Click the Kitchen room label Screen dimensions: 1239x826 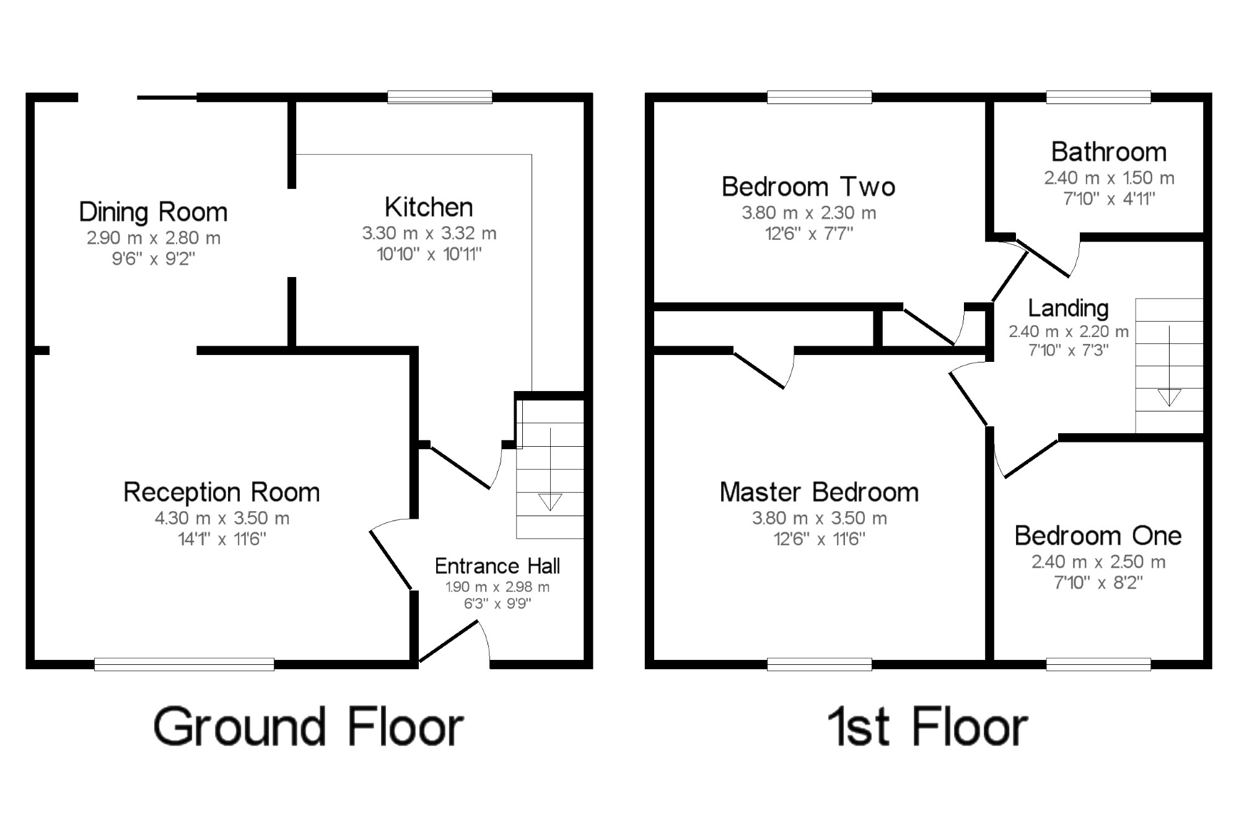click(x=428, y=207)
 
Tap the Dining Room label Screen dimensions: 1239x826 click(x=153, y=212)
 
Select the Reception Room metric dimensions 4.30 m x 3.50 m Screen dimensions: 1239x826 click(x=222, y=518)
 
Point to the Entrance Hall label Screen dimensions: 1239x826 click(x=497, y=566)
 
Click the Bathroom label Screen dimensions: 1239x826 click(x=1108, y=152)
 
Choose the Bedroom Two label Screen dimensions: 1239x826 click(x=808, y=187)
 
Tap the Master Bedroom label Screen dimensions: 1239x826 click(x=819, y=492)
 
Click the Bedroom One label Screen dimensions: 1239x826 click(x=1098, y=535)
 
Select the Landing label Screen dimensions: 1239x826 click(x=1068, y=308)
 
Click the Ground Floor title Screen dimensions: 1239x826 click(x=309, y=727)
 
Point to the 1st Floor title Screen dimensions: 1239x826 click(x=927, y=727)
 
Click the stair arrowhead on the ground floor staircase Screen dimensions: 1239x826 click(x=550, y=501)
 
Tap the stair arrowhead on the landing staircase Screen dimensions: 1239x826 click(x=1169, y=397)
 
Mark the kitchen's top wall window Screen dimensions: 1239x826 click(x=440, y=97)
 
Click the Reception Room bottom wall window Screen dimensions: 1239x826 click(x=184, y=664)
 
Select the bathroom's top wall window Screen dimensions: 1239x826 click(x=1098, y=97)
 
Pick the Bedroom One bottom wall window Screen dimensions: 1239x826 click(x=1098, y=664)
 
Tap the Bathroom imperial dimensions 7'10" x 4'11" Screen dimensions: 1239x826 click(x=1109, y=199)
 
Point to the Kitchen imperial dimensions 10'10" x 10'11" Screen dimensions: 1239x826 click(x=429, y=254)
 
